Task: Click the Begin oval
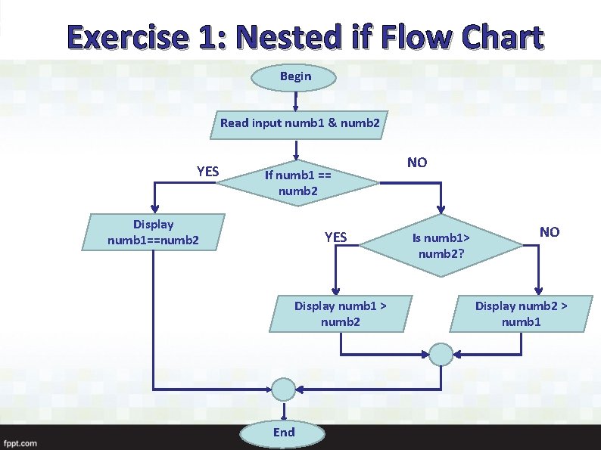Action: pyautogui.click(x=295, y=76)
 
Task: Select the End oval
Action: pyautogui.click(x=284, y=433)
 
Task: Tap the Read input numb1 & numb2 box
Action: pyautogui.click(x=300, y=123)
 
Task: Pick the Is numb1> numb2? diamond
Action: pyautogui.click(x=441, y=245)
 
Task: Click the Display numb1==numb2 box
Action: pyautogui.click(x=154, y=232)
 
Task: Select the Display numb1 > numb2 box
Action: pyautogui.click(x=340, y=314)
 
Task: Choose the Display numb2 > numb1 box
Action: pyautogui.click(x=521, y=314)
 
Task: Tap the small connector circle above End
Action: pyautogui.click(x=283, y=390)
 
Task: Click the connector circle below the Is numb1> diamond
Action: pyautogui.click(x=441, y=353)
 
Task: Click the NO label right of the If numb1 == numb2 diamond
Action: pyautogui.click(x=416, y=163)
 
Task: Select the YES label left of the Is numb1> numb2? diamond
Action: pyautogui.click(x=335, y=237)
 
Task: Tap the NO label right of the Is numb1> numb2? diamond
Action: pyautogui.click(x=549, y=232)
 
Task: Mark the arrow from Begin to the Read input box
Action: pyautogui.click(x=295, y=99)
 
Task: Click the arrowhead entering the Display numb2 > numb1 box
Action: pyautogui.click(x=539, y=290)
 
